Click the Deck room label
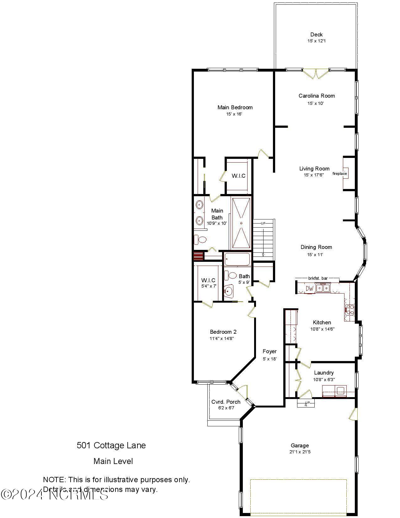click(316, 35)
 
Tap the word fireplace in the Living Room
click(340, 174)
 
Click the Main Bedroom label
click(235, 107)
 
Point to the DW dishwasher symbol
click(310, 289)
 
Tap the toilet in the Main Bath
click(201, 240)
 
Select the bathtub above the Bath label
click(237, 260)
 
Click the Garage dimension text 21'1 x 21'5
click(300, 452)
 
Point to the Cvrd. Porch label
click(226, 402)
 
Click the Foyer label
click(269, 352)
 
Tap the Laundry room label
click(324, 373)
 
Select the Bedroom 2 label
click(223, 332)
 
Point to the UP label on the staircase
click(263, 223)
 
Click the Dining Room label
click(316, 247)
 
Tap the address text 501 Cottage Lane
click(111, 445)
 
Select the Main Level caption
click(113, 461)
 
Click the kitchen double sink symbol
click(323, 288)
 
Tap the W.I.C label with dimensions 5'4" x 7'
click(208, 280)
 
